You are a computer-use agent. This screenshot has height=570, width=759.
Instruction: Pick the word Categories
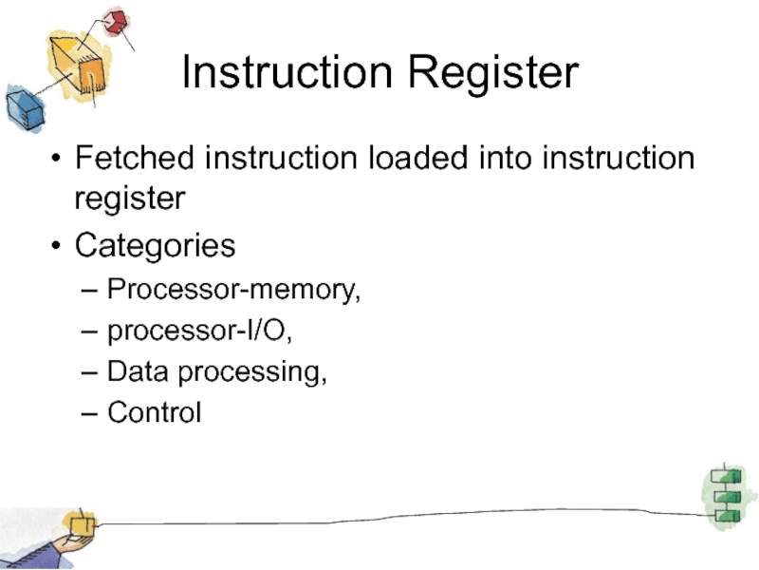pyautogui.click(x=156, y=246)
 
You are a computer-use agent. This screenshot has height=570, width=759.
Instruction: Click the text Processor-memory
pyautogui.click(x=233, y=288)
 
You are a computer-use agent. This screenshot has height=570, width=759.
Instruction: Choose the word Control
pyautogui.click(x=154, y=413)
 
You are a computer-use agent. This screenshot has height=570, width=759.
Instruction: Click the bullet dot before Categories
pyautogui.click(x=58, y=247)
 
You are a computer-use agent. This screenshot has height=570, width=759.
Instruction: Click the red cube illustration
pyautogui.click(x=116, y=21)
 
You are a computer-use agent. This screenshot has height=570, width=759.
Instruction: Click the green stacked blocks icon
pyautogui.click(x=727, y=495)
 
